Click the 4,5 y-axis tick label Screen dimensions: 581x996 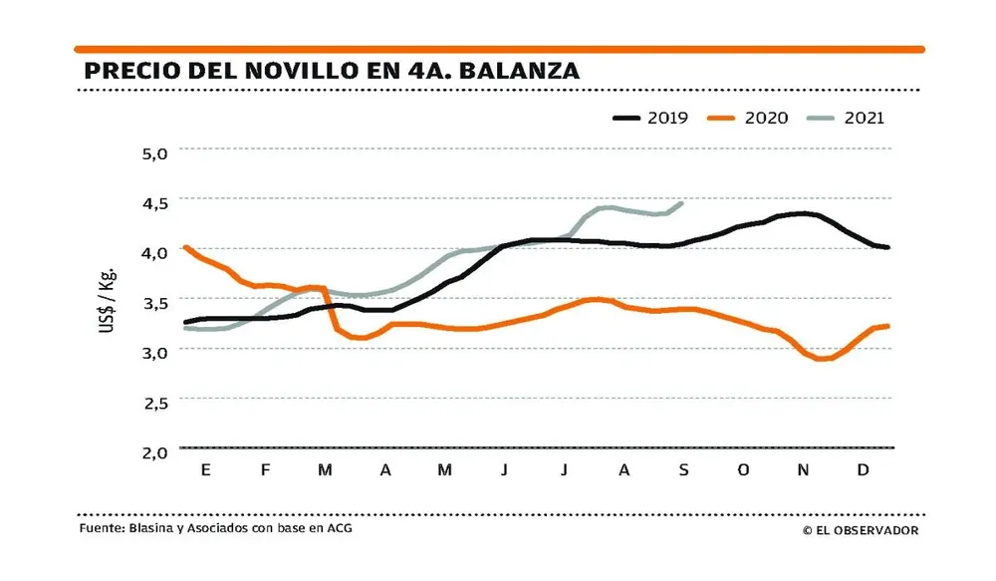click(x=158, y=202)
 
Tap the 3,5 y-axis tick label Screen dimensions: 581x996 click(x=158, y=302)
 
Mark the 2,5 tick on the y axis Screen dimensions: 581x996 click(x=158, y=402)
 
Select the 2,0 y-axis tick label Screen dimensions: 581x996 click(x=158, y=451)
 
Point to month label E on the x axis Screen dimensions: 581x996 click(x=205, y=470)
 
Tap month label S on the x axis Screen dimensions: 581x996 click(x=683, y=470)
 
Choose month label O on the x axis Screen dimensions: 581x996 click(x=743, y=470)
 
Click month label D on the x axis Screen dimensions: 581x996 click(x=863, y=470)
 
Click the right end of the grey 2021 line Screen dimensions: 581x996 click(x=681, y=203)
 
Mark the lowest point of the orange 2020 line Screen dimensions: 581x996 click(x=823, y=359)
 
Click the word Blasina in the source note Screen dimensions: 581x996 click(x=150, y=528)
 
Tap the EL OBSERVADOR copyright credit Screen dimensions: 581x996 click(x=861, y=530)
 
